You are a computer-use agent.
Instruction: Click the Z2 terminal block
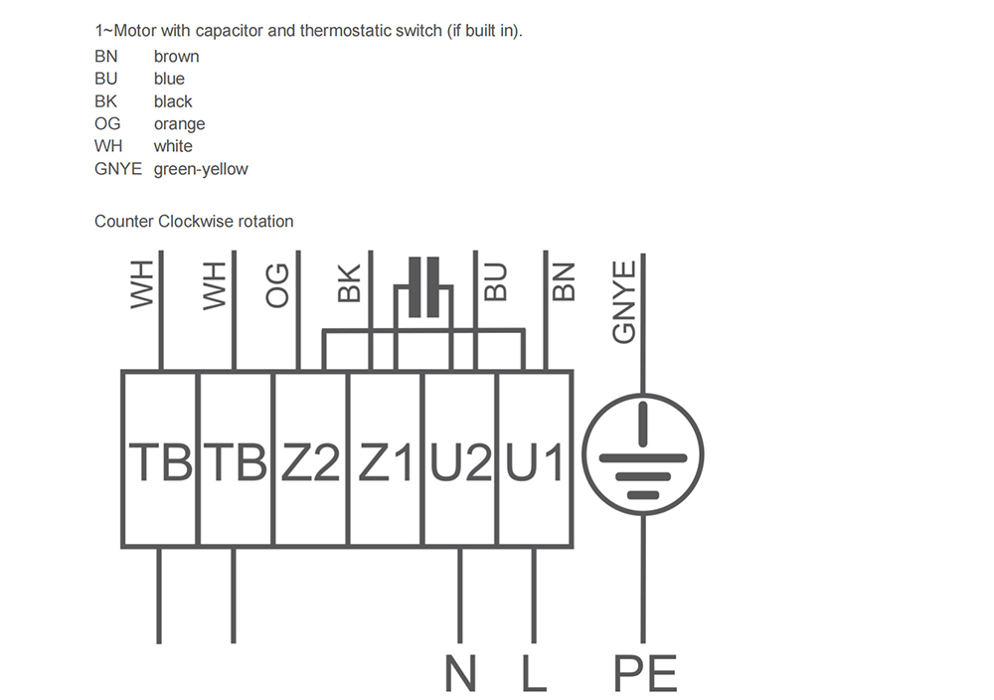[310, 458]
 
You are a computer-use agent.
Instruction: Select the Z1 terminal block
[386, 458]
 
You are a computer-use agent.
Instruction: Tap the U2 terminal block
[460, 458]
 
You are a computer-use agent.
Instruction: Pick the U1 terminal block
[535, 458]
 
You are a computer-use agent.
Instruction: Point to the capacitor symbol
[424, 287]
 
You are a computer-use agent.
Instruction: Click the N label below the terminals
[460, 673]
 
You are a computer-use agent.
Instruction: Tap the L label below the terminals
[534, 673]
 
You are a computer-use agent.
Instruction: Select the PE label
[645, 673]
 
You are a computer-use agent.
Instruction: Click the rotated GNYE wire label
[624, 302]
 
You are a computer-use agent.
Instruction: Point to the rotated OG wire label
[277, 285]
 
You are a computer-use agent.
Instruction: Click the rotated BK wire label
[349, 283]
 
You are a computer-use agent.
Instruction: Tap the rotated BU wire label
[496, 282]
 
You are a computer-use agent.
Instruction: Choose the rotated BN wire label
[564, 282]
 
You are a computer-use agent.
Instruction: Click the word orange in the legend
[179, 124]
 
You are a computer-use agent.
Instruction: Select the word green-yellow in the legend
[201, 169]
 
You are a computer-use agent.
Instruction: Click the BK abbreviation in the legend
[106, 101]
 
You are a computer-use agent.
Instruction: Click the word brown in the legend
[176, 57]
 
